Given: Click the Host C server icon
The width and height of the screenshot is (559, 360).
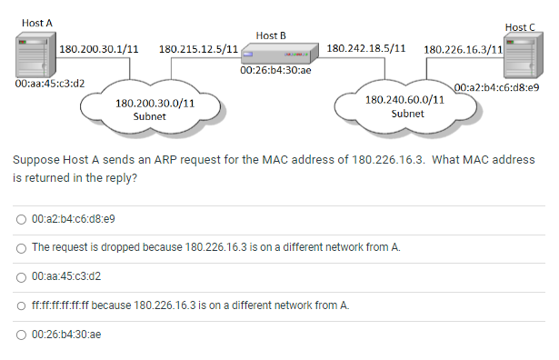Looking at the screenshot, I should [x=520, y=57].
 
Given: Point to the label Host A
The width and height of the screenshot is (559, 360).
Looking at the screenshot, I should [x=36, y=21].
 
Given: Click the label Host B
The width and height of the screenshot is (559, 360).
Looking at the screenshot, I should [x=271, y=35].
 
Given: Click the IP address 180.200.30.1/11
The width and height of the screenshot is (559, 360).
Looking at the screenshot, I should [x=98, y=47].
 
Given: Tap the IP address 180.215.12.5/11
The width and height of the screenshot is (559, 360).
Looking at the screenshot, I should [x=198, y=47].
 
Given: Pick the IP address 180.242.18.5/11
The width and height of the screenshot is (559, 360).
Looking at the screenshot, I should [x=365, y=47].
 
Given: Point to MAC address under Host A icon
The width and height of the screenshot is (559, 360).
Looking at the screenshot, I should [x=51, y=83].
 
